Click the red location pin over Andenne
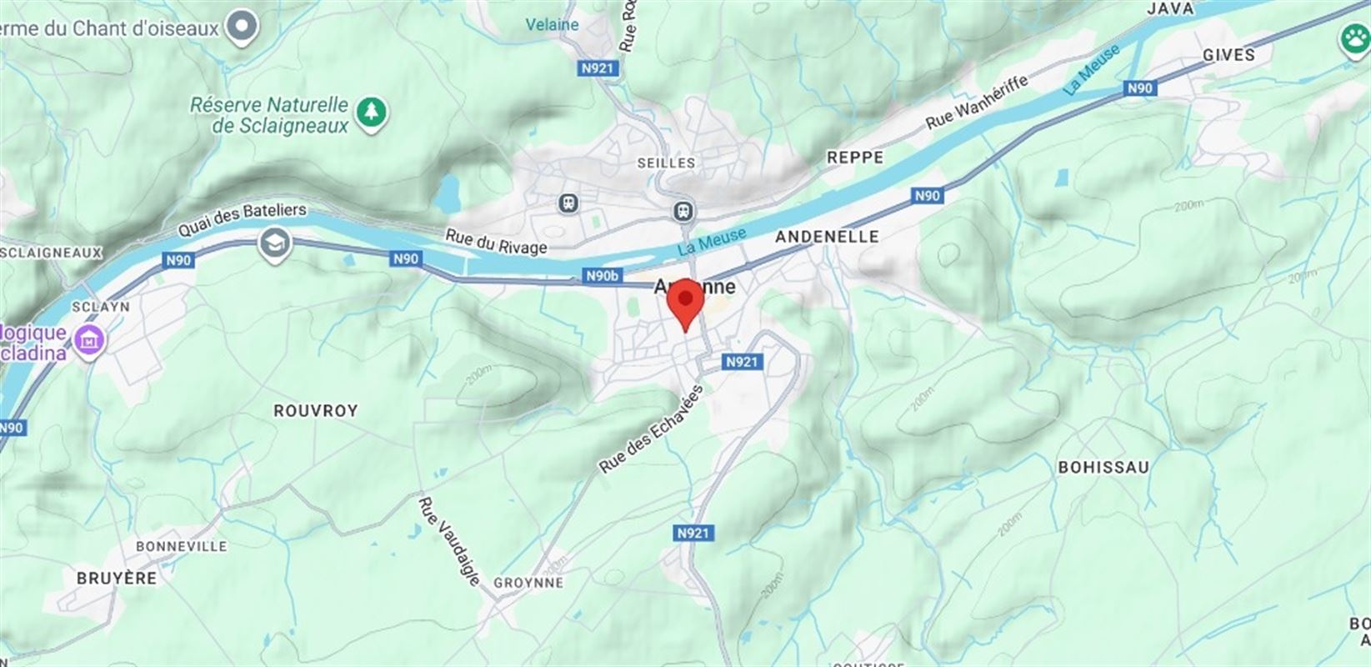[x=686, y=302]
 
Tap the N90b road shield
[x=603, y=276]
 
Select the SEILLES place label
[x=666, y=163]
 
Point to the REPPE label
[x=855, y=158]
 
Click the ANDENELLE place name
[x=827, y=237]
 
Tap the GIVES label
[x=1228, y=55]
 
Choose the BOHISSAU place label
[x=1103, y=467]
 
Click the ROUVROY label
[x=316, y=410]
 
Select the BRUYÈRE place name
[x=117, y=578]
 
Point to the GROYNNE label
[x=528, y=583]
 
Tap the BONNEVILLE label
[x=182, y=546]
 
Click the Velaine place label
[x=552, y=25]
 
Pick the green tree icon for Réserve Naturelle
[x=372, y=113]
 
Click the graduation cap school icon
[x=273, y=244]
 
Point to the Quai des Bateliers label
[x=242, y=219]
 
